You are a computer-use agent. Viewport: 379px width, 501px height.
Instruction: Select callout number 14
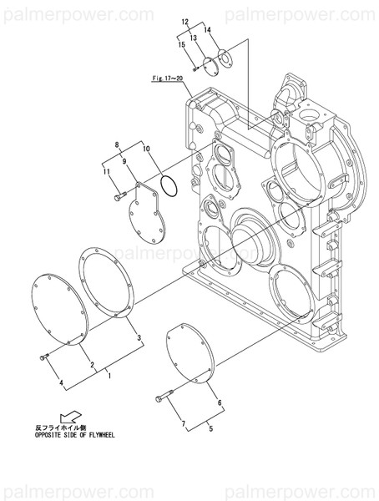tap(208, 31)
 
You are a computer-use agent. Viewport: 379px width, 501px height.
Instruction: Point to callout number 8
tap(118, 144)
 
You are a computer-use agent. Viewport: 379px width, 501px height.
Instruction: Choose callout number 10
tap(147, 149)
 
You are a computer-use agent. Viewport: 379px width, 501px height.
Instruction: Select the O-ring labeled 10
tap(165, 187)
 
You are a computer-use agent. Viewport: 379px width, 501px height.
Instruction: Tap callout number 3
tap(139, 337)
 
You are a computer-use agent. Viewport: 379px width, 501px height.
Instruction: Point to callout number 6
tap(220, 403)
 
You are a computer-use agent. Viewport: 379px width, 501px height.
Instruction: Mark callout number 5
tap(211, 429)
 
